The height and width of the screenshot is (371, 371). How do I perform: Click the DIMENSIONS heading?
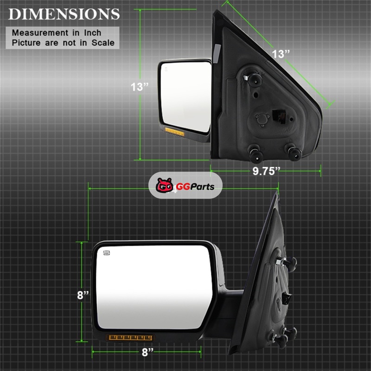[64, 14]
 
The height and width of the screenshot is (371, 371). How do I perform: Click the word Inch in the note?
[92, 32]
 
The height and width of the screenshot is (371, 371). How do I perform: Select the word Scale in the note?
[103, 43]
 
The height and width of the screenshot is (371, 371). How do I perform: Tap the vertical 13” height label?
[140, 87]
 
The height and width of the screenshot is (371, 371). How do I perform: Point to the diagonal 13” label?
[281, 54]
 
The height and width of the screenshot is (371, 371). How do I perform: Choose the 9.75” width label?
[266, 171]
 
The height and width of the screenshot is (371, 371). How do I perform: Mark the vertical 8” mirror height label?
[83, 295]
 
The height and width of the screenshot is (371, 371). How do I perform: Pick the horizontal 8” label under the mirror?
[147, 352]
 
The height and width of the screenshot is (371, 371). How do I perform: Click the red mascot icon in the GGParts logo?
[165, 185]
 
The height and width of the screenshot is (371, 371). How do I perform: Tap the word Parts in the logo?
[202, 187]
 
